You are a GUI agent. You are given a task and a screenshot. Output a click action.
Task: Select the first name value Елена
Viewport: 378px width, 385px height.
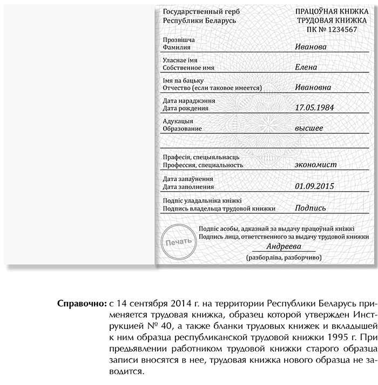(x=307, y=67)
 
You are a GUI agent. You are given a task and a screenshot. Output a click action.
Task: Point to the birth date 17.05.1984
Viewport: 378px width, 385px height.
(x=315, y=107)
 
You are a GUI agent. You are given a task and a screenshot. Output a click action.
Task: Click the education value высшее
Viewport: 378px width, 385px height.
(x=309, y=128)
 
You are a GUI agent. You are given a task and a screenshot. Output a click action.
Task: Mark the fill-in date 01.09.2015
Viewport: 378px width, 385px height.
(x=315, y=186)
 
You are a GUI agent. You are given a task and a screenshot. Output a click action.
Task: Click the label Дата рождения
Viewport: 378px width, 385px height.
(x=185, y=108)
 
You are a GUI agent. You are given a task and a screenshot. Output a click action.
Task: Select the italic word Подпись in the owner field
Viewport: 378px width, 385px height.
(x=310, y=208)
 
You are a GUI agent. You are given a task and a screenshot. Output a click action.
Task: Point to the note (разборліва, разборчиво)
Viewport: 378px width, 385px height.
(x=283, y=258)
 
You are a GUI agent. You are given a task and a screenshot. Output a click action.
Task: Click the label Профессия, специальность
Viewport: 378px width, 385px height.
(x=202, y=165)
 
